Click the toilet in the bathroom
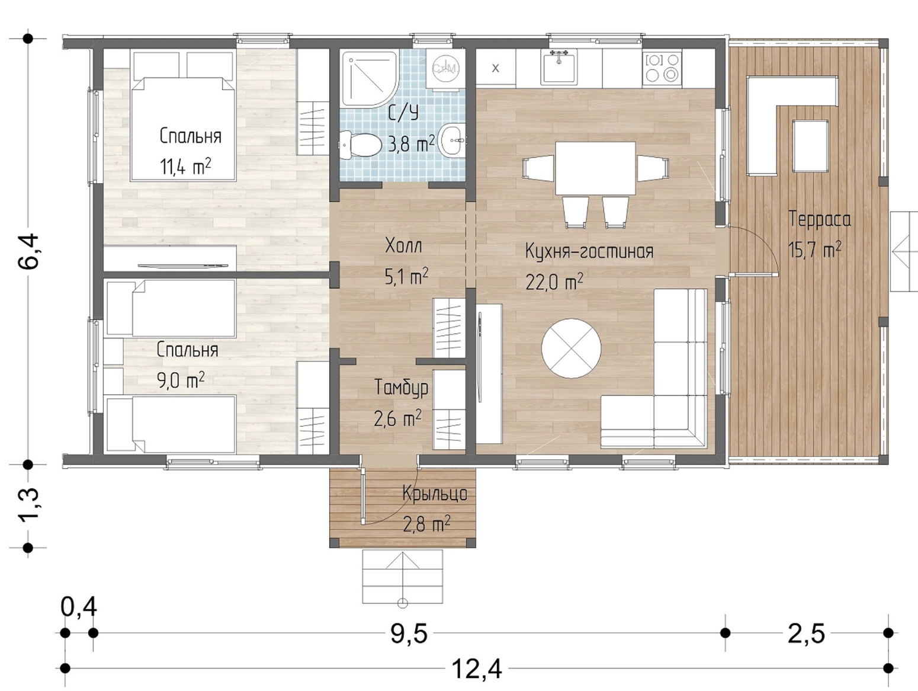(x=360, y=145)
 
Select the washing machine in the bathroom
(x=446, y=68)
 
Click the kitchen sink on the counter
(x=558, y=66)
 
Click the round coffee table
(x=571, y=348)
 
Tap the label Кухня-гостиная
(x=589, y=252)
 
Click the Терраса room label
(x=819, y=219)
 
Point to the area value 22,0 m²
(x=554, y=281)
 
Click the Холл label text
(x=403, y=246)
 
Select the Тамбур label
(x=401, y=388)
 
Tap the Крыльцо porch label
(x=435, y=494)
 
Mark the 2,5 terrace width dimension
(x=806, y=634)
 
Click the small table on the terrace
(x=811, y=146)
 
